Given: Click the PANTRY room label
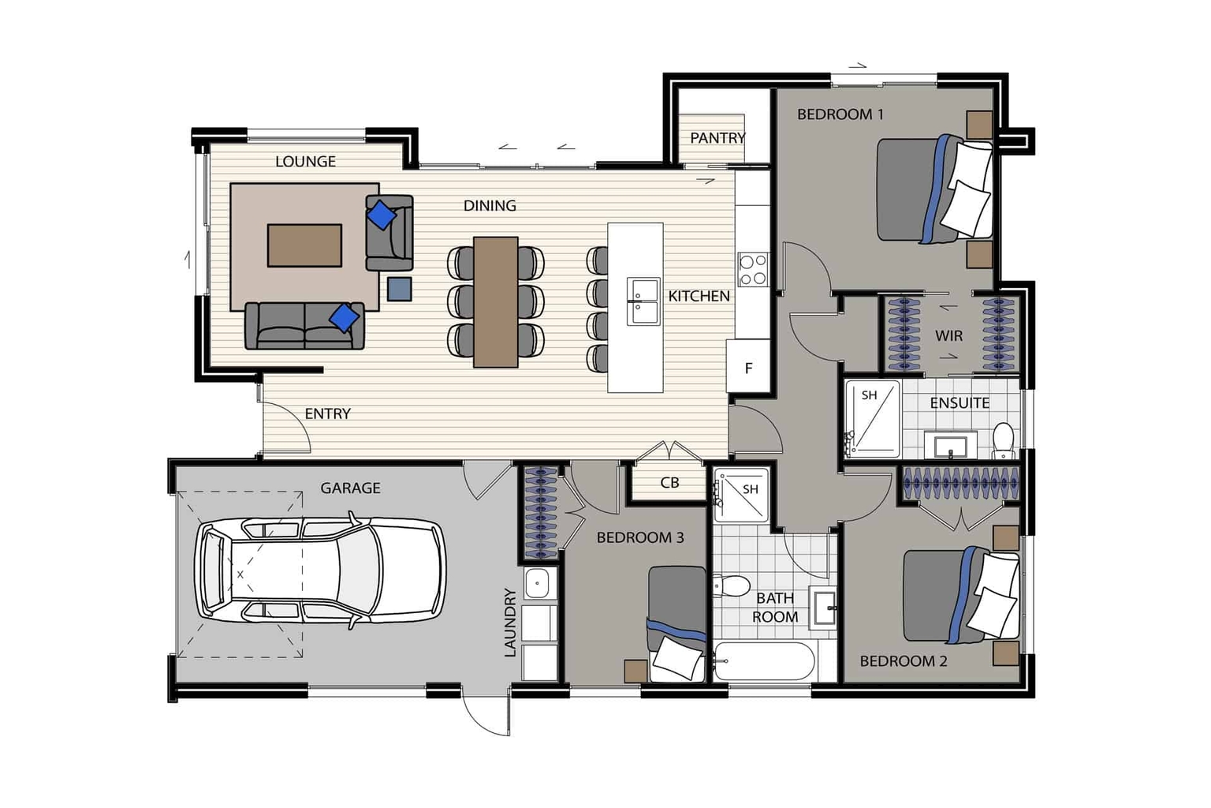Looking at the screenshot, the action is pyautogui.click(x=718, y=138).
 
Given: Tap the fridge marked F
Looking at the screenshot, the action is pyautogui.click(x=748, y=366).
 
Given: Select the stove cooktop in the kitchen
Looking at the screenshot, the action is pyautogui.click(x=753, y=270).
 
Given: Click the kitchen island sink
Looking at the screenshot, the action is pyautogui.click(x=643, y=301).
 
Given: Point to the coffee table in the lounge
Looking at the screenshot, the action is pyautogui.click(x=304, y=245).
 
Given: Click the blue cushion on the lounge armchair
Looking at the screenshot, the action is pyautogui.click(x=382, y=215).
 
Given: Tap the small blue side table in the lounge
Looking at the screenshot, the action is pyautogui.click(x=400, y=289).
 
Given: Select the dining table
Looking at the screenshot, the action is pyautogui.click(x=496, y=302).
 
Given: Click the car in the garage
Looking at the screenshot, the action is pyautogui.click(x=320, y=570).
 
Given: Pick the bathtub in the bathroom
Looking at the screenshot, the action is pyautogui.click(x=764, y=660).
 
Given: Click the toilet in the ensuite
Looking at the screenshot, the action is pyautogui.click(x=1004, y=440).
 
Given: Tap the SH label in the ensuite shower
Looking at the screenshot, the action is pyautogui.click(x=870, y=395).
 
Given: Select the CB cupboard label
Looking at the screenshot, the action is pyautogui.click(x=669, y=482).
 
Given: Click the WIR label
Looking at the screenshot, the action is pyautogui.click(x=948, y=336).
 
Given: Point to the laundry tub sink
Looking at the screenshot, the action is pyautogui.click(x=538, y=583).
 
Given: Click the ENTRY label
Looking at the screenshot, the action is pyautogui.click(x=328, y=414).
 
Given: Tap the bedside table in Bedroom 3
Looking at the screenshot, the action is pyautogui.click(x=635, y=671).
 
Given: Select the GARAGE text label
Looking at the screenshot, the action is pyautogui.click(x=350, y=488).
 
